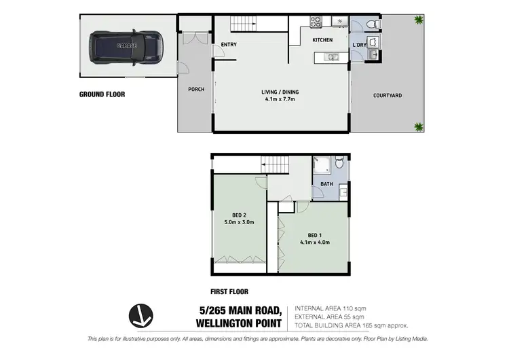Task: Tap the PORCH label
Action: [196, 89]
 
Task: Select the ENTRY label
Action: [228, 45]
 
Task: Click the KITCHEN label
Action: [322, 40]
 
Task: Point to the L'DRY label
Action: [360, 46]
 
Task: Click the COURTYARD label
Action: [388, 96]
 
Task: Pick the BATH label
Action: [326, 184]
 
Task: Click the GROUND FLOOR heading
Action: [102, 95]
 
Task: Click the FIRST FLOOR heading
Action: [229, 291]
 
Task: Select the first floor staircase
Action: [277, 164]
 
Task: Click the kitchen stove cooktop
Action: [317, 21]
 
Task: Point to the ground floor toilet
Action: [371, 24]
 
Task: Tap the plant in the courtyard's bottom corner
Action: [418, 126]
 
